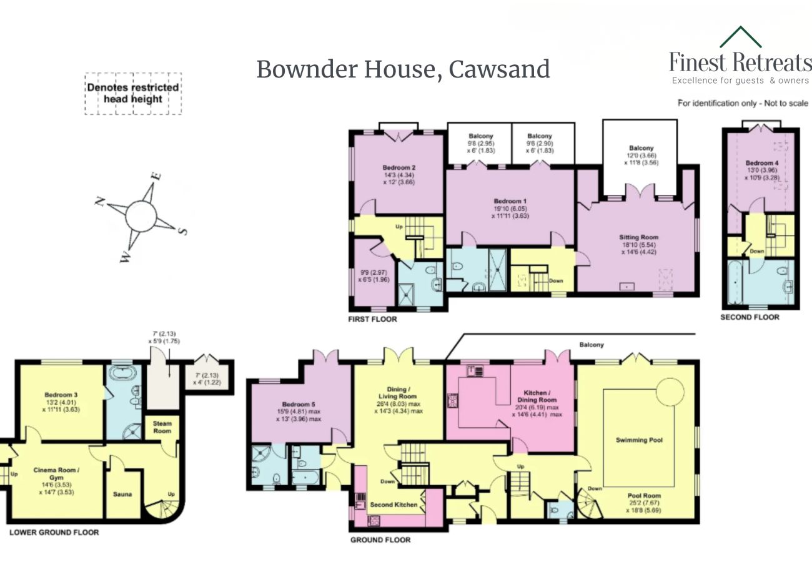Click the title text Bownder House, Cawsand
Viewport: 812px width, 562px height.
coord(403,69)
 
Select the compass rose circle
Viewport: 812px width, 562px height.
coord(142,216)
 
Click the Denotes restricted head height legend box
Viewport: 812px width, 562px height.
coord(133,94)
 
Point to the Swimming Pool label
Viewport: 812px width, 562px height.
coord(638,440)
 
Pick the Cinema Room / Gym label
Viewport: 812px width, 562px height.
coord(56,469)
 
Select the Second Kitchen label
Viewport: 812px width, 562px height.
coord(394,504)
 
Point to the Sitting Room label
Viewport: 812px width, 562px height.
coord(638,237)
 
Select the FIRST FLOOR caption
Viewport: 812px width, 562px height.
coord(373,319)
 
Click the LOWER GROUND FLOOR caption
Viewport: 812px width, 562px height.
coord(54,533)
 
